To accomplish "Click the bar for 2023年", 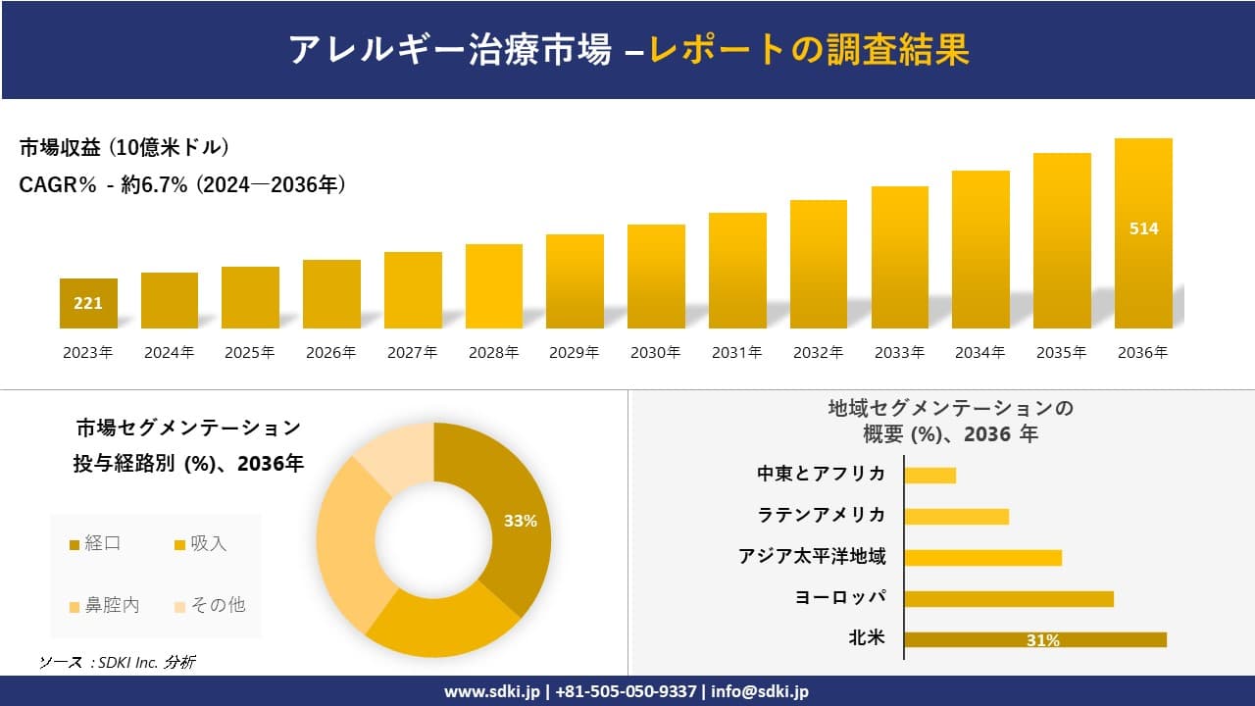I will pyautogui.click(x=88, y=303).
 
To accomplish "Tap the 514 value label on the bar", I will pyautogui.click(x=1143, y=228).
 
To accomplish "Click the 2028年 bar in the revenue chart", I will pyautogui.click(x=493, y=286).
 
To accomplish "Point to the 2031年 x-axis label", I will pyautogui.click(x=736, y=353).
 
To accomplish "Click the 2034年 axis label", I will pyautogui.click(x=979, y=353).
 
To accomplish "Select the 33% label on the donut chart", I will pyautogui.click(x=520, y=521).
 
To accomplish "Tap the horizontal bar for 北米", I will pyautogui.click(x=1035, y=639).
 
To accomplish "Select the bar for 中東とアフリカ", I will pyautogui.click(x=929, y=475).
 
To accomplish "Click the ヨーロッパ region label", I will pyautogui.click(x=840, y=597).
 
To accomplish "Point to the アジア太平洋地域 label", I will pyautogui.click(x=812, y=557).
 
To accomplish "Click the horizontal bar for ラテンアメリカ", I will pyautogui.click(x=956, y=516).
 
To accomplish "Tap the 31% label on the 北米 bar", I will pyautogui.click(x=1042, y=640).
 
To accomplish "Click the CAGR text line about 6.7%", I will pyautogui.click(x=182, y=184).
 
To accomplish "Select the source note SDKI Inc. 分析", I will pyautogui.click(x=117, y=663).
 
